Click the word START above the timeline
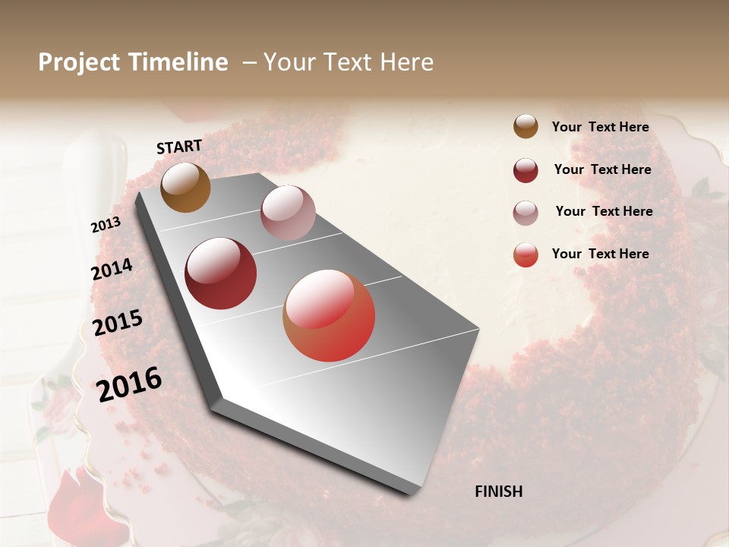click(x=179, y=147)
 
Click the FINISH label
click(x=498, y=492)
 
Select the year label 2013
click(x=106, y=225)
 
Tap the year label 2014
click(x=112, y=270)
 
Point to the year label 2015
click(x=118, y=323)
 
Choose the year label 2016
click(x=129, y=384)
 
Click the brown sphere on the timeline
click(x=185, y=188)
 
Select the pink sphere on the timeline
click(x=288, y=213)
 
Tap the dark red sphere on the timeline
click(x=220, y=273)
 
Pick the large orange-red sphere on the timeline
click(x=329, y=315)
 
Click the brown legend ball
click(x=525, y=127)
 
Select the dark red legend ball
click(x=525, y=170)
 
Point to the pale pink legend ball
click(x=525, y=213)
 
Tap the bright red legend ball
click(x=525, y=255)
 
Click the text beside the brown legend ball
click(x=600, y=127)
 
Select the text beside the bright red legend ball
click(x=600, y=254)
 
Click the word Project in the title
click(x=78, y=62)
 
